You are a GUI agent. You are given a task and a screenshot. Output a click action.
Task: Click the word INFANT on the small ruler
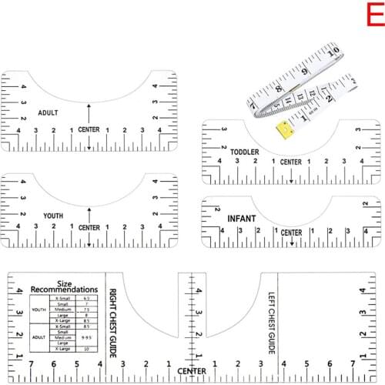point(242,219)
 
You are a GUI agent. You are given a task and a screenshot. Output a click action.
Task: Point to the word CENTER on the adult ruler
point(89,129)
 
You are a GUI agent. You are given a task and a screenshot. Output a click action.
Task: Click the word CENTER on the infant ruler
point(291,233)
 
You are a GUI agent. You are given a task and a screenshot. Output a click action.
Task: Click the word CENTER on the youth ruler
point(89,228)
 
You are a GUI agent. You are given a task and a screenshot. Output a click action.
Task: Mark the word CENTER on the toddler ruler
point(291,162)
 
